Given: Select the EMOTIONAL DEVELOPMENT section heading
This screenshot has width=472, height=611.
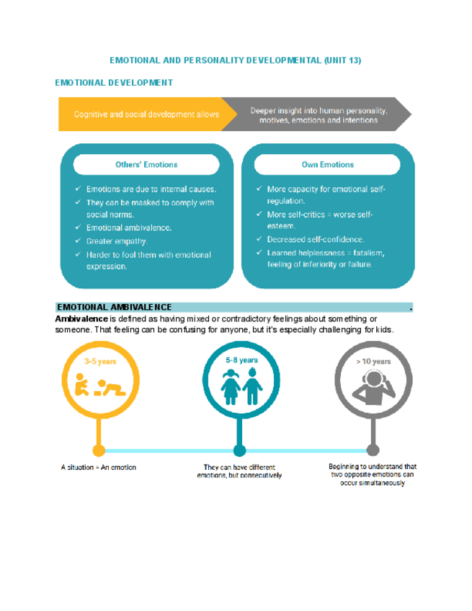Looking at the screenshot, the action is [114, 83].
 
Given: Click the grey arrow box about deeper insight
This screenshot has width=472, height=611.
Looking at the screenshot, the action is [318, 115].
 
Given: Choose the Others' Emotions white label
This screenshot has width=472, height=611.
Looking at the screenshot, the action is [146, 164].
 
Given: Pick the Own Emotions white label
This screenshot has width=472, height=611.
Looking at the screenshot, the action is [328, 164].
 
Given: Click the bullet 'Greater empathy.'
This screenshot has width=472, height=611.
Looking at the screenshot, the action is [117, 241].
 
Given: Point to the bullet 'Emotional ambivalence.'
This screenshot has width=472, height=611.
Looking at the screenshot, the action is [129, 228].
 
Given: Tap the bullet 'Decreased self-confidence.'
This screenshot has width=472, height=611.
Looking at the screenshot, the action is [315, 239].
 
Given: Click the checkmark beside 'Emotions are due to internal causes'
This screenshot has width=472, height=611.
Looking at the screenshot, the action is [78, 189].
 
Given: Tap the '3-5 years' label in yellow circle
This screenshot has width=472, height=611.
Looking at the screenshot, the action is [99, 361].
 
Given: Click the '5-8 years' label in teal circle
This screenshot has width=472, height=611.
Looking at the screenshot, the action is [241, 360].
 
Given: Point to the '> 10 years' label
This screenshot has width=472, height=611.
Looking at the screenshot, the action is [373, 362].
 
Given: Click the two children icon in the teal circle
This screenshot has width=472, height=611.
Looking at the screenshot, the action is [241, 387].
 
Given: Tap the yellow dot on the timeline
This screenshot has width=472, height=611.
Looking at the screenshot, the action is [99, 450].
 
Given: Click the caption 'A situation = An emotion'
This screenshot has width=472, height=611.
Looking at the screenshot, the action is [99, 468].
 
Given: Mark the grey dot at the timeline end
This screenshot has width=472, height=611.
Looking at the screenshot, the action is [373, 450].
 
